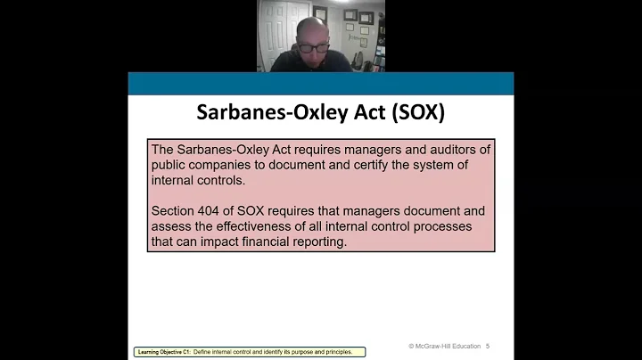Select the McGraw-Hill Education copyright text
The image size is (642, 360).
pyautogui.click(x=444, y=346)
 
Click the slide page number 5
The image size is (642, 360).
pyautogui.click(x=488, y=346)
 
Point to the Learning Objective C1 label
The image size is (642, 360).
pyautogui.click(x=166, y=352)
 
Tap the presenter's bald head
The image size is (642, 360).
pyautogui.click(x=312, y=27)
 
